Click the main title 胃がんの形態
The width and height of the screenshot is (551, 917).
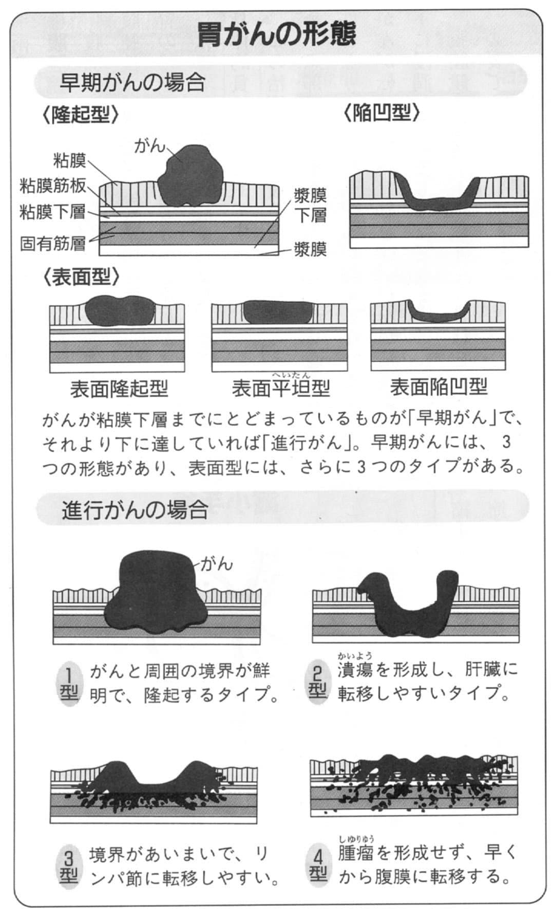coord(276,35)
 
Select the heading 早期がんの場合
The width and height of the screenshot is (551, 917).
coord(132,83)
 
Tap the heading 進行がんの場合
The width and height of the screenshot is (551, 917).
coord(135,510)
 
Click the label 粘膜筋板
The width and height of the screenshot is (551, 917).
coord(53,186)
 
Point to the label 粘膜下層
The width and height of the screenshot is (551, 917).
coord(52,211)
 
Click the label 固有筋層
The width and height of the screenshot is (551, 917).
coord(52,243)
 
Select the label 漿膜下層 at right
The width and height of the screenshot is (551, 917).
coord(310,205)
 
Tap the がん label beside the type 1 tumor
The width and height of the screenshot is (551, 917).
coord(216,564)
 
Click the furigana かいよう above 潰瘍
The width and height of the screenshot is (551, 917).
coord(355,656)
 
